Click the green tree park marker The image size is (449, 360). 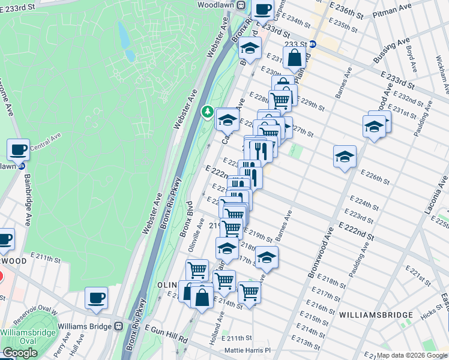pos(207,112)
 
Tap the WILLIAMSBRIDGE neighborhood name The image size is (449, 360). pos(376,314)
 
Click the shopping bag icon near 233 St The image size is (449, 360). pos(295,59)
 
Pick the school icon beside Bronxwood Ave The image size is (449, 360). pos(345,157)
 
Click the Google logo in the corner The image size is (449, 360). pos(19,353)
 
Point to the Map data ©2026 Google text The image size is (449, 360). pos(411,355)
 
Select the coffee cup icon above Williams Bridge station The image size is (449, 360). pos(96,298)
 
